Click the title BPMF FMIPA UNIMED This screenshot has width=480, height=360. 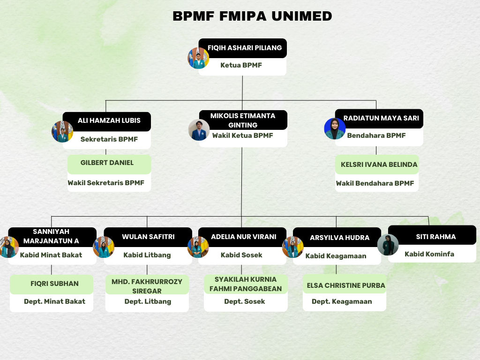click(x=252, y=16)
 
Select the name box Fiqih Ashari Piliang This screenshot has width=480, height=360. click(x=245, y=48)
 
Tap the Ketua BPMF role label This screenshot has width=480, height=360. click(x=241, y=66)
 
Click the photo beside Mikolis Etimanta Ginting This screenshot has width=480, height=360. click(x=199, y=130)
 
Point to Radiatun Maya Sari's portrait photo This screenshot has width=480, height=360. click(x=335, y=128)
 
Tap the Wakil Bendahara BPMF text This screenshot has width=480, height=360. click(x=375, y=183)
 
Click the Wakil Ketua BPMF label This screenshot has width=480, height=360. click(x=242, y=135)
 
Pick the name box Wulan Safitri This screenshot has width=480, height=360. click(x=148, y=237)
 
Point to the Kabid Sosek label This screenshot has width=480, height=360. click(x=241, y=255)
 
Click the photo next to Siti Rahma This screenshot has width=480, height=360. click(x=388, y=245)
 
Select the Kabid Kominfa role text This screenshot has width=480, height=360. click(x=429, y=254)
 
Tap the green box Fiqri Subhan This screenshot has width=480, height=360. click(x=54, y=284)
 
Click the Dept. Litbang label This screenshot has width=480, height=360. click(x=148, y=301)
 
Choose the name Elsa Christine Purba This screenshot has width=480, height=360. click(x=346, y=285)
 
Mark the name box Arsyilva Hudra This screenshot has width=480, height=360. click(x=339, y=238)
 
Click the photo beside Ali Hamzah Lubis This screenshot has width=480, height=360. click(x=62, y=132)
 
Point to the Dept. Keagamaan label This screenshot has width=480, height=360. click(x=342, y=301)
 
